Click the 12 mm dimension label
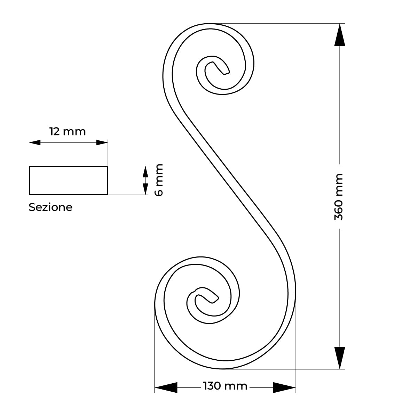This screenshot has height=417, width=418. pos(68,132)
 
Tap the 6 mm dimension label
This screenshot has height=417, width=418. pos(159,180)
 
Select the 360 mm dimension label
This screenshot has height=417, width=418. pos(339,197)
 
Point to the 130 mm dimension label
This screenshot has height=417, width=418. pos(225,386)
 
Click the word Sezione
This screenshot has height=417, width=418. pos(50,207)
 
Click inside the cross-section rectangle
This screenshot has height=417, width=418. pos(69,180)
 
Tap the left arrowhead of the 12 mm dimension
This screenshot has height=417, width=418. pos(35,142)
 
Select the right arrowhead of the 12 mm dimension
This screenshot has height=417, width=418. pos(102,142)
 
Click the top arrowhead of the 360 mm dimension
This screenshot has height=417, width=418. pos(340,35)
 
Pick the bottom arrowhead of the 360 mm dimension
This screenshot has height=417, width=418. pos(340,358)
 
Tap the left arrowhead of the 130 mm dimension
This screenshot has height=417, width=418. pos(166,387)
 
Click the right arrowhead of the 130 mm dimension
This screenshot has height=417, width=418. pos(284,387)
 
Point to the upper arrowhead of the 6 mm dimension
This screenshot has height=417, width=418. pos(145,172)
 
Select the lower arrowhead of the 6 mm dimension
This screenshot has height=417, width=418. pos(145,189)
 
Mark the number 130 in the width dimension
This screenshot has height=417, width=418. pos(212,386)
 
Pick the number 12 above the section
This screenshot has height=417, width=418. pos(54,132)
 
